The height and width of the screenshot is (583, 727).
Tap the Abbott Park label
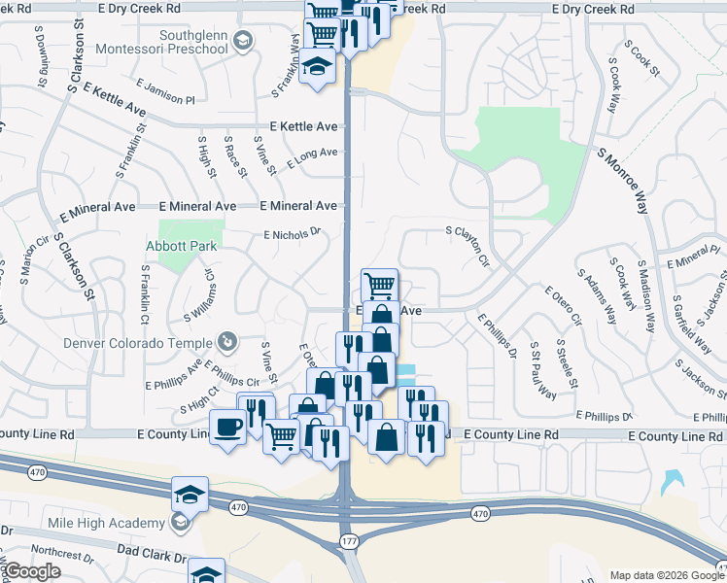pyautogui.click(x=182, y=246)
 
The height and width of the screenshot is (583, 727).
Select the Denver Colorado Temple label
pyautogui.click(x=137, y=343)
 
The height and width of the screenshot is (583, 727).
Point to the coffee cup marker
pyautogui.click(x=228, y=427)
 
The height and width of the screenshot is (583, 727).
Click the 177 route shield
pyautogui.click(x=347, y=540)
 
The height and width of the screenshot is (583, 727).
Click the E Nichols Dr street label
pyautogui.click(x=292, y=233)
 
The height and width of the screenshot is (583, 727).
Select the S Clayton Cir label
pyautogui.click(x=467, y=249)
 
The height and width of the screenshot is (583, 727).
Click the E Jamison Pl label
pyautogui.click(x=165, y=92)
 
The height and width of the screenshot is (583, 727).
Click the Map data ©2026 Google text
pyautogui.click(x=662, y=575)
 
